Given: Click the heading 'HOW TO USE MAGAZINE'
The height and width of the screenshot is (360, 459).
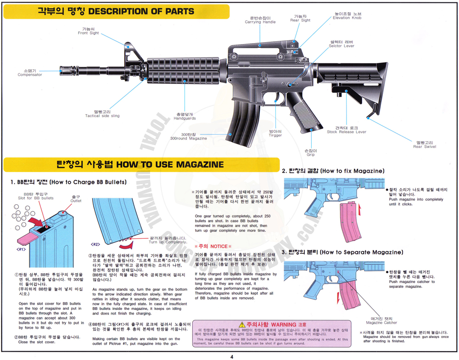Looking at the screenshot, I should [x=170, y=164].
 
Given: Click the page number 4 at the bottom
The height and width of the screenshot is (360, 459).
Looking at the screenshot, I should [x=231, y=356].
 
